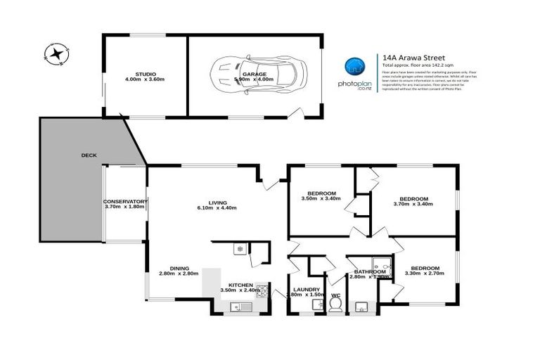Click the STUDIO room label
coord(146,73)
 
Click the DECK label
coord(89,155)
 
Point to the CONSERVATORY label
coord(124,201)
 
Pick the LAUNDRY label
coord(307,289)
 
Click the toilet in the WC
coord(335,303)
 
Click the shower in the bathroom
coord(382,264)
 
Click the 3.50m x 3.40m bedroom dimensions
coord(321,199)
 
